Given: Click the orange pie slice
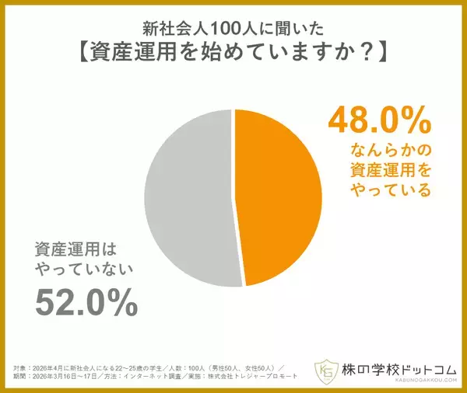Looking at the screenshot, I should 280,194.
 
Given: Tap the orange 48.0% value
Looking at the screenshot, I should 378,123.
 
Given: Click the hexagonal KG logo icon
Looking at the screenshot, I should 324,370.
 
